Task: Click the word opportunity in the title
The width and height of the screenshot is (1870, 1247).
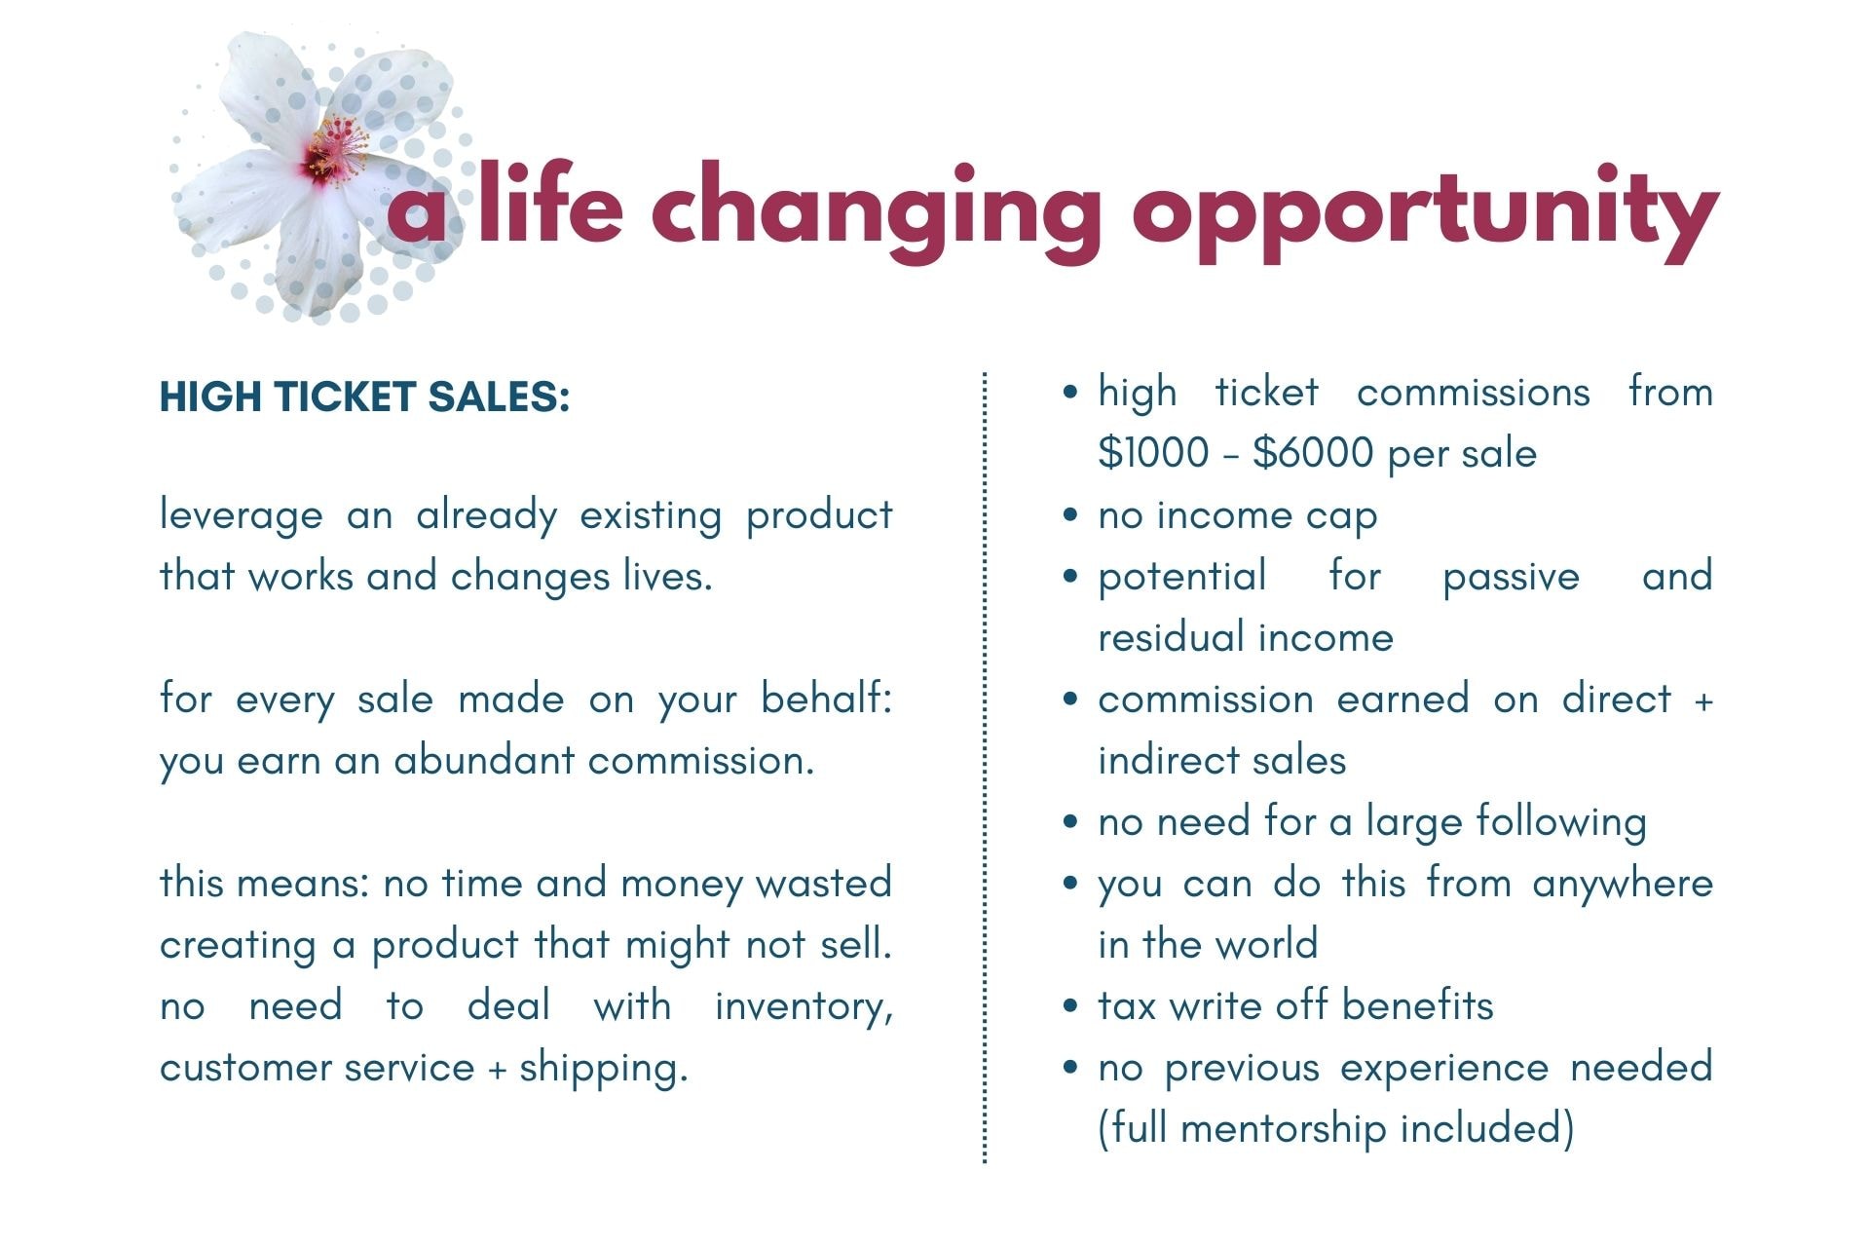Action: pos(1425,214)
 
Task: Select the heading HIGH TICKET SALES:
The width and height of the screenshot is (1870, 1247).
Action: pos(364,397)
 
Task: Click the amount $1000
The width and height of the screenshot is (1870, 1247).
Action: pos(1153,453)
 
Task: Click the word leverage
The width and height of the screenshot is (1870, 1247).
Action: pos(241,516)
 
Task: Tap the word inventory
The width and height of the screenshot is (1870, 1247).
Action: pos(804,1006)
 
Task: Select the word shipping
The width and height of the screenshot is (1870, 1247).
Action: pos(603,1069)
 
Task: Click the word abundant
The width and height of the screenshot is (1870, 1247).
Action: pos(484,760)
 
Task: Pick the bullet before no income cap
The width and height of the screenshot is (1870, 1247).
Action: pos(1071,516)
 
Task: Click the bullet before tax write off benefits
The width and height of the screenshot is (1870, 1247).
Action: pos(1071,1006)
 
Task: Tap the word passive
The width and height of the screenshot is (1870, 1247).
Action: pos(1511,578)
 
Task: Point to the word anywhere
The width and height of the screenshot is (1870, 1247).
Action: pos(1623,885)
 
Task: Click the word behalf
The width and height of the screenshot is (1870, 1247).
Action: pos(826,699)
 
